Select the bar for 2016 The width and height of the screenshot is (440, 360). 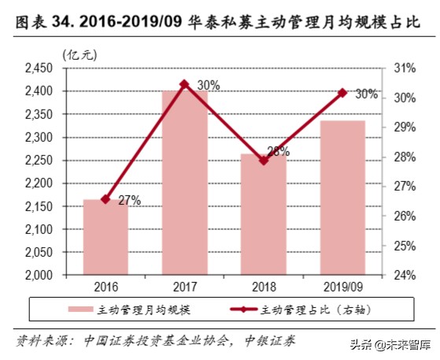(106, 237)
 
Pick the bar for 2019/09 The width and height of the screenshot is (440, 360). (342, 198)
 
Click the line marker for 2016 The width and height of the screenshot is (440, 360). (106, 199)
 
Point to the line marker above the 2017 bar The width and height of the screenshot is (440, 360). (185, 84)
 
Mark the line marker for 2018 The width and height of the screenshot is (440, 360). (264, 160)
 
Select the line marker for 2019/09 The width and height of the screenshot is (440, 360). (342, 93)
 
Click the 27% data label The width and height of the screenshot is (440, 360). (129, 200)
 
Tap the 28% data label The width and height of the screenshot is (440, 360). (276, 151)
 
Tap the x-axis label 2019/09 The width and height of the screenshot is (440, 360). (342, 287)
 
